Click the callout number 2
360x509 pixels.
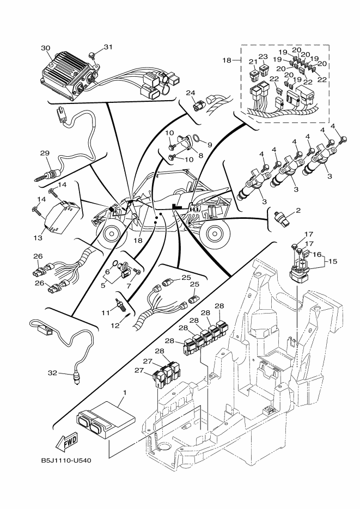(x=298, y=210)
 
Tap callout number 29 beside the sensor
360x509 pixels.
(x=44, y=154)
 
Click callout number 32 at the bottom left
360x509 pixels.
(x=52, y=373)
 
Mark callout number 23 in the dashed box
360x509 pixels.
(x=263, y=56)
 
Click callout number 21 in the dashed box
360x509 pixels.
(x=252, y=61)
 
